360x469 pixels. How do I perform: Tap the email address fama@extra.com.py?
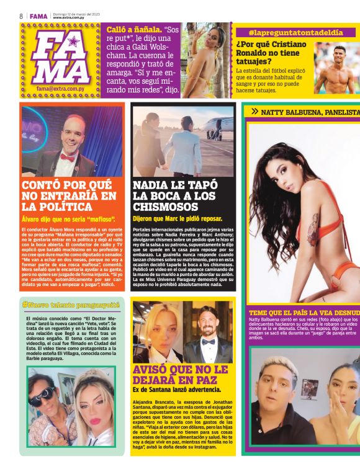coord(61,89)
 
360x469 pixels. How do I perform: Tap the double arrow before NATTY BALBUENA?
coord(255,112)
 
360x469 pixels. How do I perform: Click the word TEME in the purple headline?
coord(259,313)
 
